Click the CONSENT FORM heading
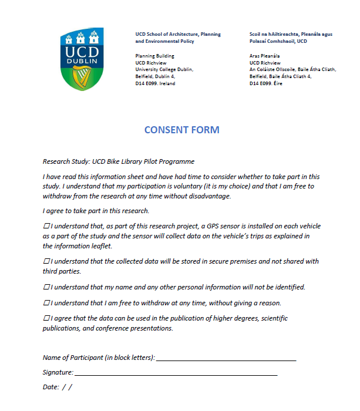pyautogui.click(x=181, y=130)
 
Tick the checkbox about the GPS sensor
pyautogui.click(x=46, y=226)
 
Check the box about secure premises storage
pyautogui.click(x=46, y=261)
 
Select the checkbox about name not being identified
pyautogui.click(x=46, y=287)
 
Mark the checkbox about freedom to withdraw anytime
pyautogui.click(x=46, y=303)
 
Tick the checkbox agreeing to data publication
pyautogui.click(x=46, y=318)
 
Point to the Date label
pyautogui.click(x=51, y=387)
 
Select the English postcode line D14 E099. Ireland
pyautogui.click(x=155, y=83)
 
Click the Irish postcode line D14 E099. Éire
pyautogui.click(x=266, y=83)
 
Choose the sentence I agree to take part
pyautogui.click(x=96, y=211)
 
